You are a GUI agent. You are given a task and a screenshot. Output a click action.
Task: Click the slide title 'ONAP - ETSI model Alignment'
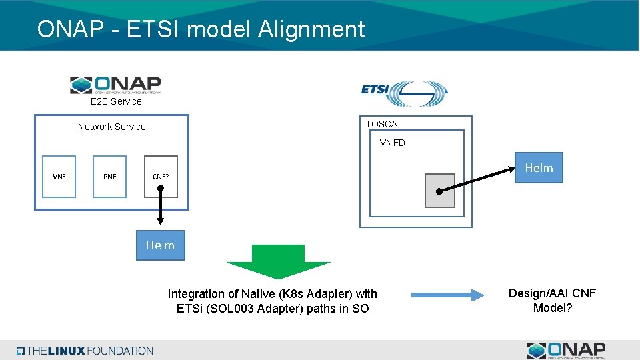coord(201,29)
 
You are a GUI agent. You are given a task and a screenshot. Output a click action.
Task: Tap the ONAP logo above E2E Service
coord(115,85)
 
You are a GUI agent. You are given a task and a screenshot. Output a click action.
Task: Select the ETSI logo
coord(404,93)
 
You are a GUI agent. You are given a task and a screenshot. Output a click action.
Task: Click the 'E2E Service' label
coord(116,101)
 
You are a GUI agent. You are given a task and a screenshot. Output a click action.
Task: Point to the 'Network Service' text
coord(111,127)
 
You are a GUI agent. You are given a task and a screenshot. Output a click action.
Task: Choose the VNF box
coord(59,177)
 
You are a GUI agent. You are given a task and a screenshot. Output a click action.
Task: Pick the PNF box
coord(110,177)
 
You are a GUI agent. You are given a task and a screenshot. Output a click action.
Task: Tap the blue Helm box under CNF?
coord(160,245)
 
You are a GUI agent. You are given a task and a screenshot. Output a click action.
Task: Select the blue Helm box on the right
coord(539,168)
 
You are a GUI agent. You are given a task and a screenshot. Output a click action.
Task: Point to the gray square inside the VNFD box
coord(440,191)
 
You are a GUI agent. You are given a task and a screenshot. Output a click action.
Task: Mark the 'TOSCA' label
coord(381,124)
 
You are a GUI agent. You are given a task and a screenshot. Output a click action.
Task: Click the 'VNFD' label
coord(392,143)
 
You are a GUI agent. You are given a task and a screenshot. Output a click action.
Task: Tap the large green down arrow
coord(278,261)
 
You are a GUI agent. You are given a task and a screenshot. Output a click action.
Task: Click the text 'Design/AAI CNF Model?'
coord(552,301)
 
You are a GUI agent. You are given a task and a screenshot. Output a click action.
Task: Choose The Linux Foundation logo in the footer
coord(85,351)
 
